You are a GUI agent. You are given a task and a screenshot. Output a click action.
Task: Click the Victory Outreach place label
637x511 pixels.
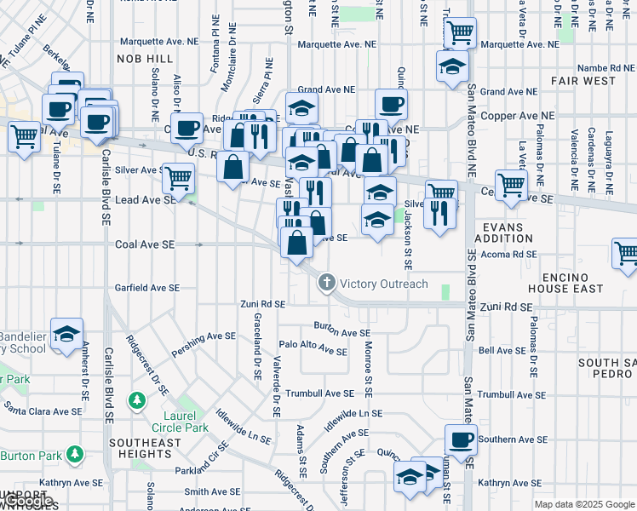pos(383,284)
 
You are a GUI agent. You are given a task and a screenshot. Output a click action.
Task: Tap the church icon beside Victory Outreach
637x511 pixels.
pos(326,284)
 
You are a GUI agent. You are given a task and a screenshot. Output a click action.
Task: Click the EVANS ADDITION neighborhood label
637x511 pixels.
pos(507,233)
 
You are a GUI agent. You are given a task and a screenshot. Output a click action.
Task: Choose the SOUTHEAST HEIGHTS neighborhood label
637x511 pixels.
pos(145,448)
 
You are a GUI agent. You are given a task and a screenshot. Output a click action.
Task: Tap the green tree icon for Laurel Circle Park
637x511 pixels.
pos(136,400)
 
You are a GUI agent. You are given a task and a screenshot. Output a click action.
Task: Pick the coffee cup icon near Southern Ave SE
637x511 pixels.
pos(462,440)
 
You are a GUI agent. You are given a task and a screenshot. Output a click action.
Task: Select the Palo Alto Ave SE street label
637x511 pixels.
pos(313,348)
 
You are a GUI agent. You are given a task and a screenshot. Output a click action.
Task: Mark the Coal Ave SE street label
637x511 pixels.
pos(145,244)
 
